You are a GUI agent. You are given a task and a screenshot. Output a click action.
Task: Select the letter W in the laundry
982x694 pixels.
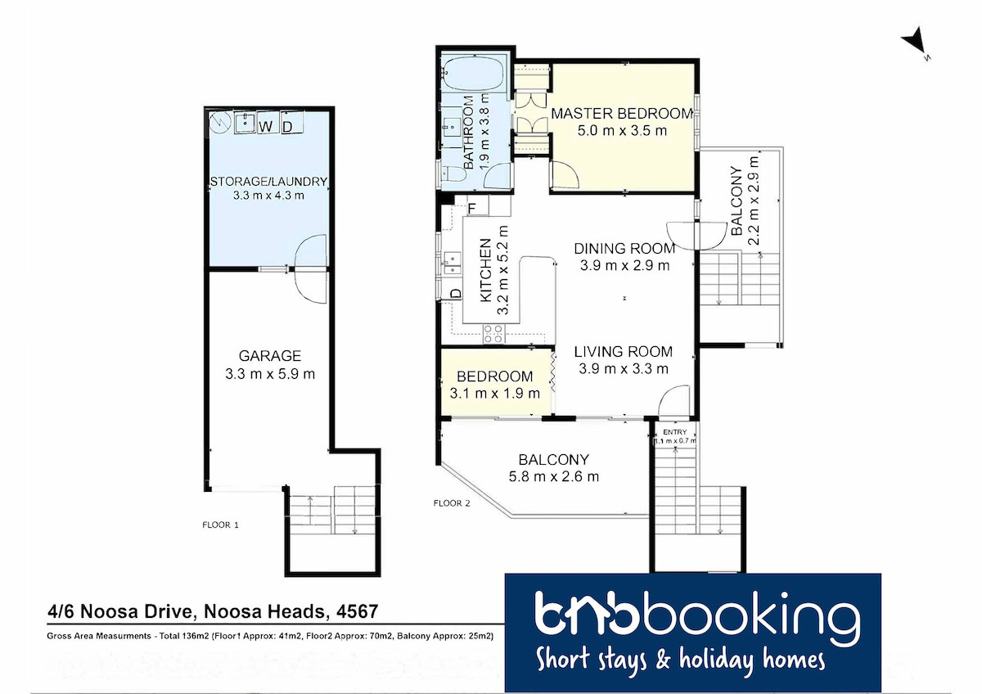pos(266,126)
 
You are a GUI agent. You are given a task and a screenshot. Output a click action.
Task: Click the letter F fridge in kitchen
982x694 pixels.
pos(472,208)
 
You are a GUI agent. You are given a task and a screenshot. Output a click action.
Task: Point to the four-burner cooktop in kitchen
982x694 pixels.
pos(493,334)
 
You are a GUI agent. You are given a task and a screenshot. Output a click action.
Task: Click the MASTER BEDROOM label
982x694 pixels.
pos(622,114)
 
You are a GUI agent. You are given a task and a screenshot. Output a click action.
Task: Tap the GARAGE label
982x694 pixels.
pos(269,355)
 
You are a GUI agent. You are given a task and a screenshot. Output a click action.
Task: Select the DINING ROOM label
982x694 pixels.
pos(624,249)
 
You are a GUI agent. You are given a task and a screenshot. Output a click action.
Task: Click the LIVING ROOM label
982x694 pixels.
pos(623,352)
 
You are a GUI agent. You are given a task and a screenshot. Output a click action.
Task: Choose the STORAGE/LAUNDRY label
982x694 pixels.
pos(268,182)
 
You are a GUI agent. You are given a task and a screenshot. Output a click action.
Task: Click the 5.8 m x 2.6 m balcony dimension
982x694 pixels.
pos(553,476)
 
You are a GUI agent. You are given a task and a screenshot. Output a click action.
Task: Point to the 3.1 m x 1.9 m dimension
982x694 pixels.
pos(494,394)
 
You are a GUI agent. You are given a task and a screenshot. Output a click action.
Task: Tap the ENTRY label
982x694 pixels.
pos(674,432)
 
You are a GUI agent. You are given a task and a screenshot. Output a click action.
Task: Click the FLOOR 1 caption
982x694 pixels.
pos(220,525)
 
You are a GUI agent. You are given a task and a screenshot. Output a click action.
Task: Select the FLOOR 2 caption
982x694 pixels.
pos(452,503)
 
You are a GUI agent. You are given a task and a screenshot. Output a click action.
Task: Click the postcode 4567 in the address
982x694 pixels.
pos(357,611)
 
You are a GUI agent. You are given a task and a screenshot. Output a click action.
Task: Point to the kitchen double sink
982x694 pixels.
pos(452,263)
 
